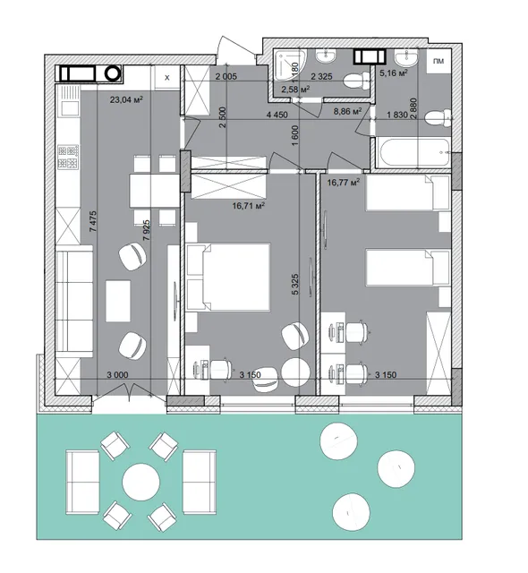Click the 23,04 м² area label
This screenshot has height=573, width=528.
pyautogui.click(x=126, y=99)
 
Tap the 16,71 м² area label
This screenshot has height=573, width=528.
pyautogui.click(x=248, y=206)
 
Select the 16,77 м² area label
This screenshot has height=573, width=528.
pyautogui.click(x=344, y=182)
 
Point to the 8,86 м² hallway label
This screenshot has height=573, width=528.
pyautogui.click(x=347, y=111)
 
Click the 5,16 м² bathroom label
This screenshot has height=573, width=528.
pyautogui.click(x=394, y=73)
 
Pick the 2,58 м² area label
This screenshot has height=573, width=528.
pyautogui.click(x=295, y=89)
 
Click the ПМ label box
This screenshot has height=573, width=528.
pyautogui.click(x=439, y=62)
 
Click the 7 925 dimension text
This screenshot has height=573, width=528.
pyautogui.click(x=147, y=230)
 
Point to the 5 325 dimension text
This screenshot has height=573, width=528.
pyautogui.click(x=295, y=285)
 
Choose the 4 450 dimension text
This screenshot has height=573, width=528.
pyautogui.click(x=277, y=115)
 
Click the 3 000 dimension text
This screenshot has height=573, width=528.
pyautogui.click(x=117, y=375)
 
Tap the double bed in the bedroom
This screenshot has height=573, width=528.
pyautogui.click(x=228, y=278)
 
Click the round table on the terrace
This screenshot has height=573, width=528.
pyautogui.click(x=141, y=482)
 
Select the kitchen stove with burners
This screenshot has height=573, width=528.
pyautogui.click(x=68, y=157)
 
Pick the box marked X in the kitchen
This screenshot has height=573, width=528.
pyautogui.click(x=166, y=78)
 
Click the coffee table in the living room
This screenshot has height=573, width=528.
pyautogui.click(x=118, y=301)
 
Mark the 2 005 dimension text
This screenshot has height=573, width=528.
pyautogui.click(x=226, y=76)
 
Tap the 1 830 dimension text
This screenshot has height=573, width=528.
pyautogui.click(x=397, y=115)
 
